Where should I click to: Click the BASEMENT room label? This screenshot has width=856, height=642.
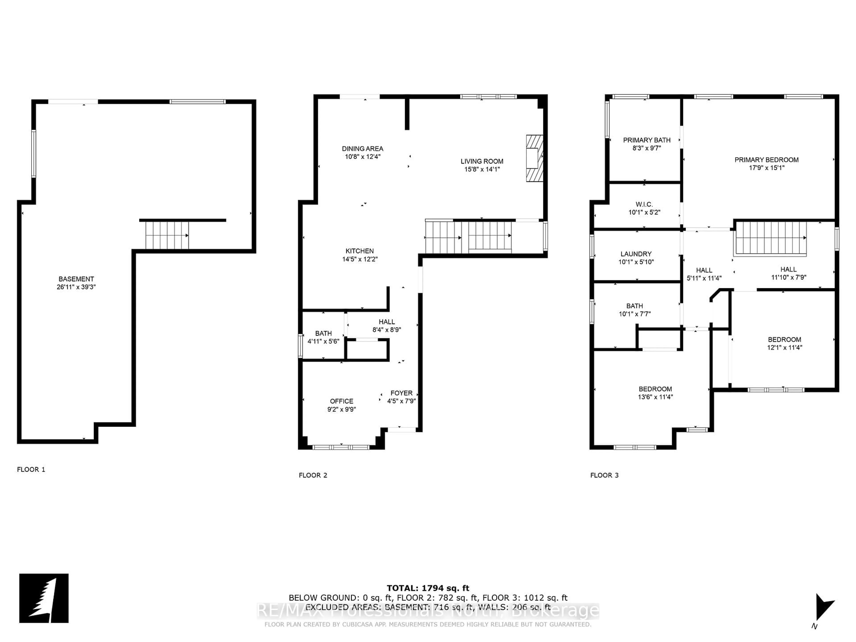tap(76, 279)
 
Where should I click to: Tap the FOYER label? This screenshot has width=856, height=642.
tap(401, 393)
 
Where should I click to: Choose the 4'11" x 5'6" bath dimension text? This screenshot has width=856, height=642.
tap(323, 341)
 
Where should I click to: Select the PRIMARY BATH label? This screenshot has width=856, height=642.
tap(647, 140)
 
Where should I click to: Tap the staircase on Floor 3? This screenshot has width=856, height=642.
tap(770, 238)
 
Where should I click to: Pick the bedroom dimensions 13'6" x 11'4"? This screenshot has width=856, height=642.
tap(655, 397)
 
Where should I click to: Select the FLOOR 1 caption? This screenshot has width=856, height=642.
tap(31, 469)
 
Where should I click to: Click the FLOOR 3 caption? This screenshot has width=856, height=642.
tap(604, 475)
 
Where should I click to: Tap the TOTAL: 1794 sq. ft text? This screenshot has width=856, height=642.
tap(428, 588)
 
